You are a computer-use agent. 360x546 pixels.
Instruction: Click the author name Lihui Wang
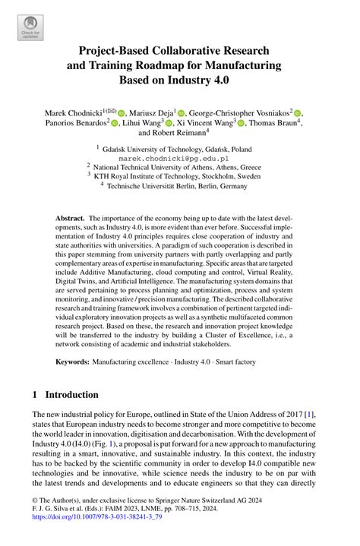coord(143,122)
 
